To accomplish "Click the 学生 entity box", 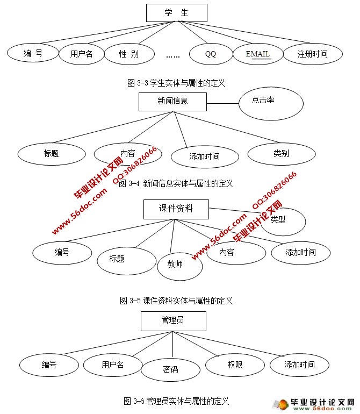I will (x=176, y=13).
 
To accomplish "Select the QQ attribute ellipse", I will (x=211, y=54).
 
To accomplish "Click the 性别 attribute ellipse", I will (x=129, y=54).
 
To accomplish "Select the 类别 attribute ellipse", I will (x=280, y=154).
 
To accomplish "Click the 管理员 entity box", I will (x=172, y=322).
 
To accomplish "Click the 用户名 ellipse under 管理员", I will (x=112, y=365).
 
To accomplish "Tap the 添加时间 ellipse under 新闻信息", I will (x=204, y=157).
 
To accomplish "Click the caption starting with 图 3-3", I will (x=175, y=83).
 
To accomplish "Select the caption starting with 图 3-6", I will (x=176, y=401).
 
